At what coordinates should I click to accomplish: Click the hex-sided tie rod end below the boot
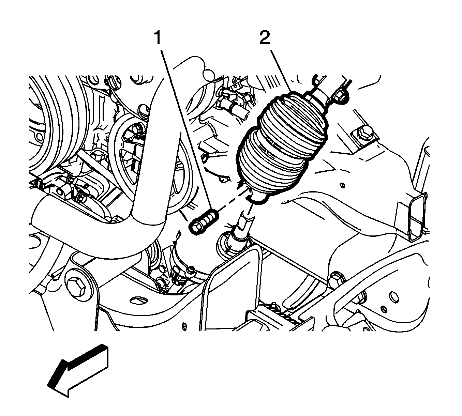pos(244,221)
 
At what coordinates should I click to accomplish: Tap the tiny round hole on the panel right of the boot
pos(342,185)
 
